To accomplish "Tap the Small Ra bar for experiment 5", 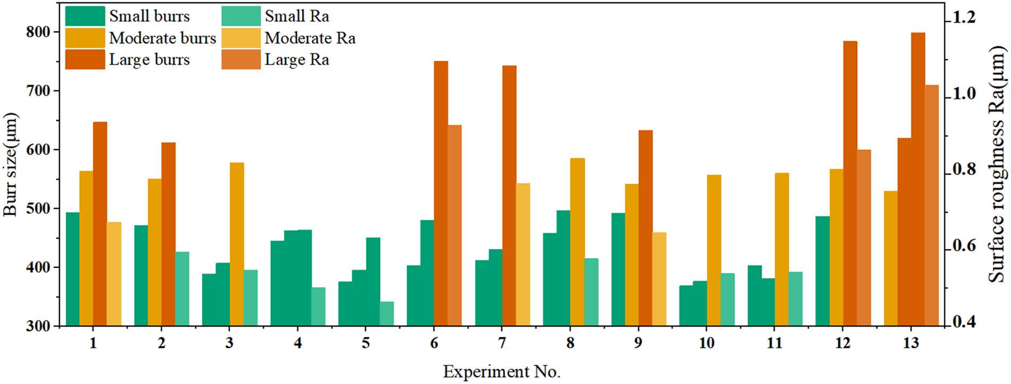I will point(386,314).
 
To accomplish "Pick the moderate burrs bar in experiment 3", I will point(237,244).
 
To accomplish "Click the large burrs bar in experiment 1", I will point(100,224).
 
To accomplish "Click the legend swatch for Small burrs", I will point(85,17).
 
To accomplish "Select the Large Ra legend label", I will point(297,60).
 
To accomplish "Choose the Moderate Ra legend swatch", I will point(241,38).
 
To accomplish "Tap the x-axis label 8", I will point(570,343).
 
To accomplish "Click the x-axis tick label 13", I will point(911,343).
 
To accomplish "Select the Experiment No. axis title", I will point(502,371).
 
